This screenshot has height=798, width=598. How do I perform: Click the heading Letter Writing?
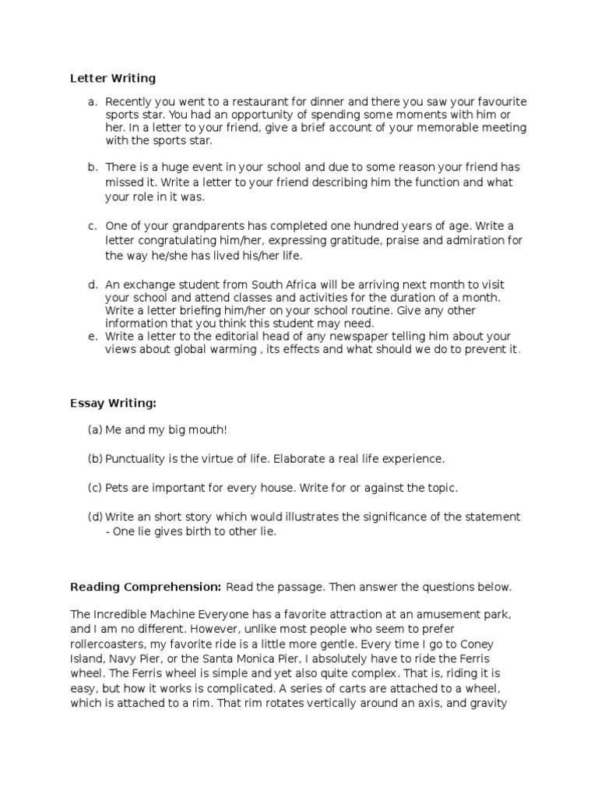[x=113, y=78]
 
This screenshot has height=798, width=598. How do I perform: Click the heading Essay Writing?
[x=113, y=403]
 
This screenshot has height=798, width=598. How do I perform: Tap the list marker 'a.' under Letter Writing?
[x=93, y=102]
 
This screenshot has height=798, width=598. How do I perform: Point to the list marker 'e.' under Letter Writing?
[x=93, y=337]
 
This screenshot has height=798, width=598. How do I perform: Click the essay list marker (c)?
[x=95, y=488]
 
